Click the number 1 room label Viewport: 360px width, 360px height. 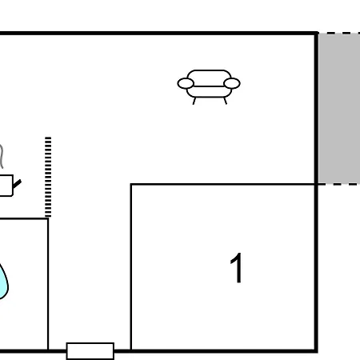pyautogui.click(x=237, y=268)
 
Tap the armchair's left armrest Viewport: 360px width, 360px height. pyautogui.click(x=186, y=83)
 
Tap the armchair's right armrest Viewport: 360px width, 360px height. pyautogui.click(x=232, y=83)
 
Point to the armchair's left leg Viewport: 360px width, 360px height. pyautogui.click(x=194, y=101)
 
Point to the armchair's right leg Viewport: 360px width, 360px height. pyautogui.click(x=226, y=101)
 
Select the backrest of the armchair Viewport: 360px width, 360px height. pyautogui.click(x=209, y=74)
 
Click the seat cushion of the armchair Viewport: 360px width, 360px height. pyautogui.click(x=209, y=92)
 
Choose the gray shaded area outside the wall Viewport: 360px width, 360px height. pyautogui.click(x=339, y=108)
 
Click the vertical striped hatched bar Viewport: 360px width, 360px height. pyautogui.click(x=48, y=177)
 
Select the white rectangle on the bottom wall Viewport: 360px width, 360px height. pyautogui.click(x=90, y=351)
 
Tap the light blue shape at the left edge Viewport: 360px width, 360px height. pyautogui.click(x=3, y=282)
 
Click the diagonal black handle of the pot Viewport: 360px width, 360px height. pyautogui.click(x=18, y=184)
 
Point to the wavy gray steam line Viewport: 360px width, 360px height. pyautogui.click(x=2, y=157)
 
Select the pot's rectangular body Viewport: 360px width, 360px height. pyautogui.click(x=6, y=186)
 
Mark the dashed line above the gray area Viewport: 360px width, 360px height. pyautogui.click(x=339, y=33)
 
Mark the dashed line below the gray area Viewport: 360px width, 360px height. pyautogui.click(x=339, y=184)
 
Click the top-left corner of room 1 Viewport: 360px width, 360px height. pyautogui.click(x=131, y=184)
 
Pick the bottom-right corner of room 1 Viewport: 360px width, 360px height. pyautogui.click(x=316, y=350)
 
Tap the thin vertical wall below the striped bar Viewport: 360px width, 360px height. pyautogui.click(x=48, y=284)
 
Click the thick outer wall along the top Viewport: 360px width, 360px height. pyautogui.click(x=159, y=33)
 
